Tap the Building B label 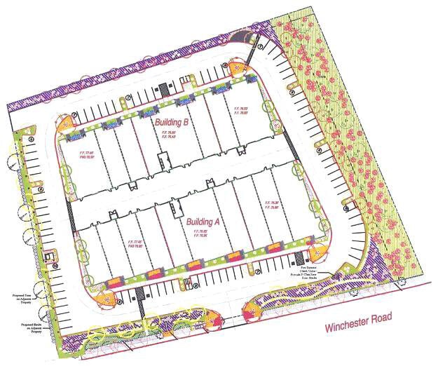pyautogui.click(x=172, y=123)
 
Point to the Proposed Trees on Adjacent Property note pyautogui.click(x=20, y=299)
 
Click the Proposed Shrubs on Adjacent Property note pyautogui.click(x=20, y=327)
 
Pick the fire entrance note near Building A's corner pyautogui.click(x=306, y=269)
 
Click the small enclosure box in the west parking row pyautogui.click(x=49, y=257)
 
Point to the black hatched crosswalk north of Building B pyautogui.click(x=163, y=88)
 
